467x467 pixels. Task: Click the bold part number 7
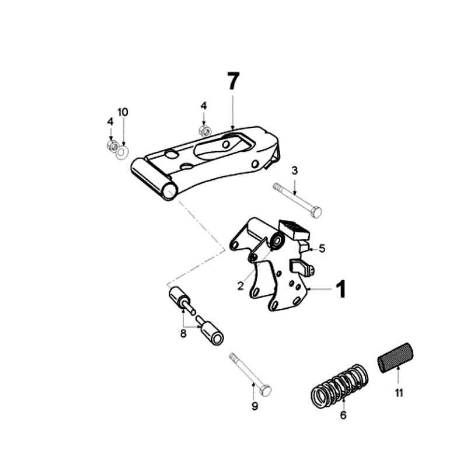[x=232, y=82]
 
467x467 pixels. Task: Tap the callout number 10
[x=123, y=112]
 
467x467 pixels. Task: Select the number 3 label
[x=295, y=170]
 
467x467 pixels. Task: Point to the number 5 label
[x=322, y=249]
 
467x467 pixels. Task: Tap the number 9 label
[x=255, y=406]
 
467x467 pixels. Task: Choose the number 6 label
[x=343, y=416]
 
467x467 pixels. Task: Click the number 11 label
[x=399, y=393]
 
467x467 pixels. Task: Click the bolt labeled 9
[x=252, y=374]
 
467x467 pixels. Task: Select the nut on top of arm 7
[x=204, y=130]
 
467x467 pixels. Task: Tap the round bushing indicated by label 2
[x=277, y=241]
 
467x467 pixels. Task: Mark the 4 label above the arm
[x=204, y=106]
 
